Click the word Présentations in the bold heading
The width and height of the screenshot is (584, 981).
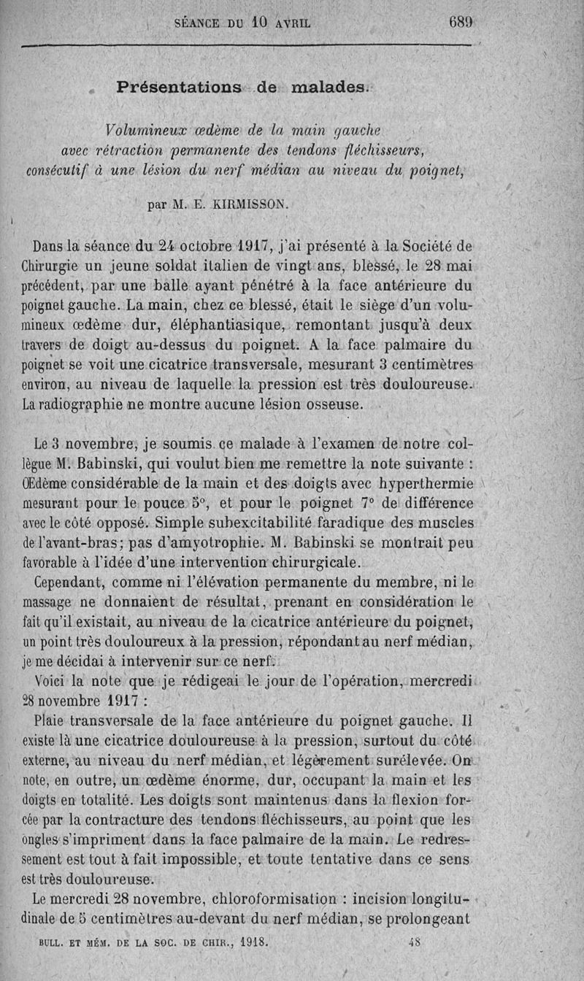point(179,87)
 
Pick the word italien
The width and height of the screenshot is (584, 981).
point(204,265)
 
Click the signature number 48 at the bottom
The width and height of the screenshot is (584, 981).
point(415,942)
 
